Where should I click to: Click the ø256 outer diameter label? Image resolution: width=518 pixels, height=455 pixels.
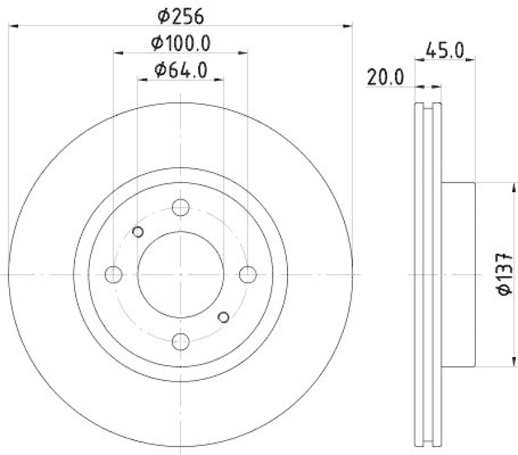point(181,14)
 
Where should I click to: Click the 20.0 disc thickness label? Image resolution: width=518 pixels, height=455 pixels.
point(385,78)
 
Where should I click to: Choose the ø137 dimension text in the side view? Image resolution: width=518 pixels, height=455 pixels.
point(506,274)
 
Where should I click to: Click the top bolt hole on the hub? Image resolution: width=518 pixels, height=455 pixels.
point(181,208)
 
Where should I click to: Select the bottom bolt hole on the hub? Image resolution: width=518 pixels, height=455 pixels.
point(181,341)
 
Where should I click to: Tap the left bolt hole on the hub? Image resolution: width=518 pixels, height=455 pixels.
point(113,274)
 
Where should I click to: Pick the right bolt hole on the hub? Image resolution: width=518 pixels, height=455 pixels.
point(247,274)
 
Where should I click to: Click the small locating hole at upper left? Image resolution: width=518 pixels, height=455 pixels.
point(137,232)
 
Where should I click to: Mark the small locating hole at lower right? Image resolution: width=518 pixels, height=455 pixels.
point(224,316)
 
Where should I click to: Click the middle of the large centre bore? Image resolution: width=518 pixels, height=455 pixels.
point(181,274)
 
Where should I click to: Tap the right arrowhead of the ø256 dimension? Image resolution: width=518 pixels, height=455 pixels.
point(349,25)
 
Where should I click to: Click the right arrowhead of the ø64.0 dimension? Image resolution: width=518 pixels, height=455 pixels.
point(220,80)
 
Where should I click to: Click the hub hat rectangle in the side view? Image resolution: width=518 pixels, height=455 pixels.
point(458,274)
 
